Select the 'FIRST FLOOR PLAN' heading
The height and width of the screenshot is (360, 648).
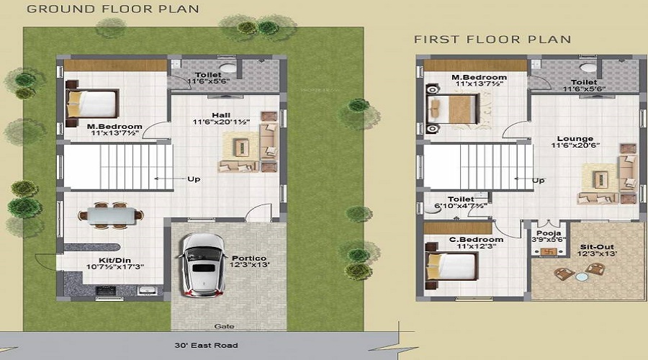(x=492, y=39)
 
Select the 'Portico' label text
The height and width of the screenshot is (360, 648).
(x=249, y=257)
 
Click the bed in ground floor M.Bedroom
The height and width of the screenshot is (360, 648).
(x=91, y=105)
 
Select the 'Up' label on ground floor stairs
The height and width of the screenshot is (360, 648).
(x=194, y=179)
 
